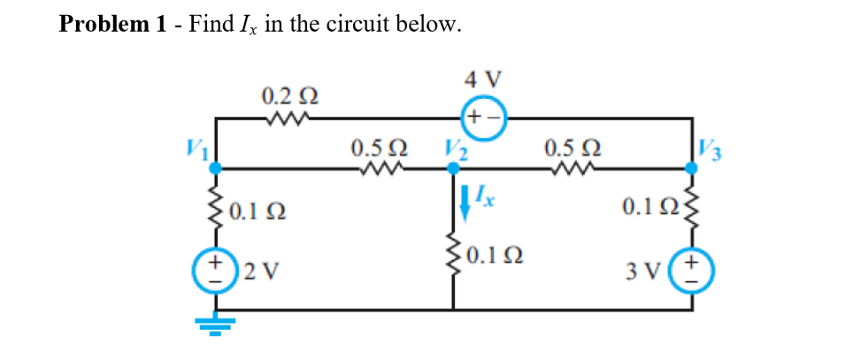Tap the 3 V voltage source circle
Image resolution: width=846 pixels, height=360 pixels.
691,270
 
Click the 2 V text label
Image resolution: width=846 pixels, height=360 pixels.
258,271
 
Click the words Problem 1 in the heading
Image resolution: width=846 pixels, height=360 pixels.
112,24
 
